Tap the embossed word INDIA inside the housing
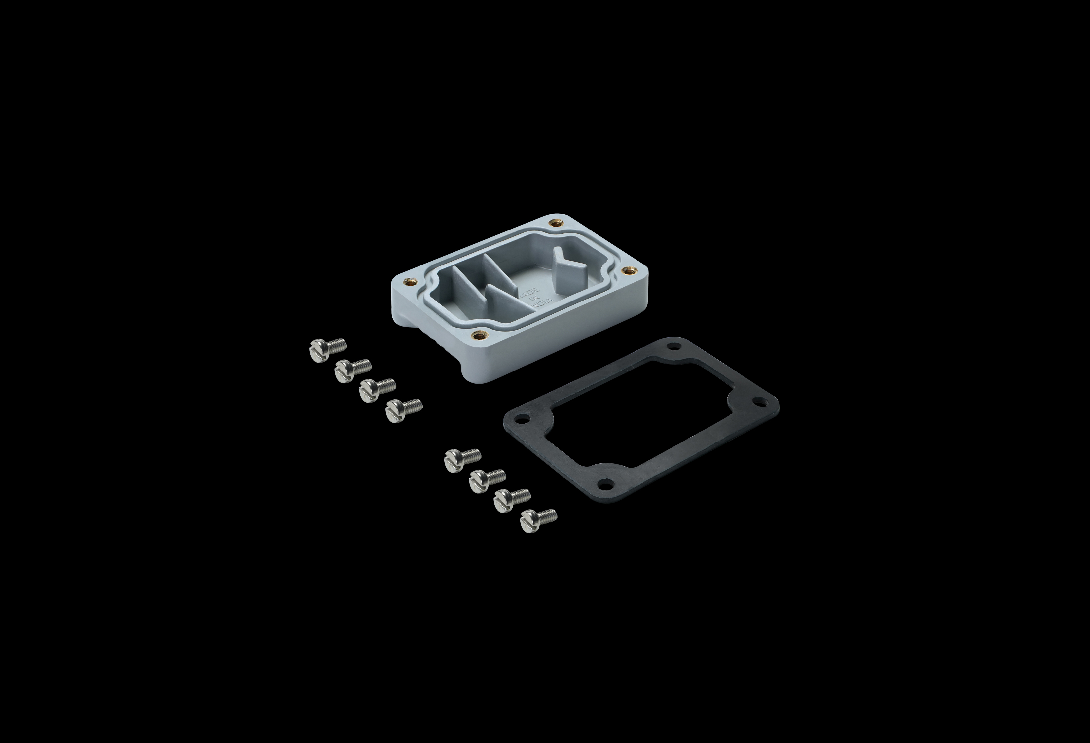(543, 304)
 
